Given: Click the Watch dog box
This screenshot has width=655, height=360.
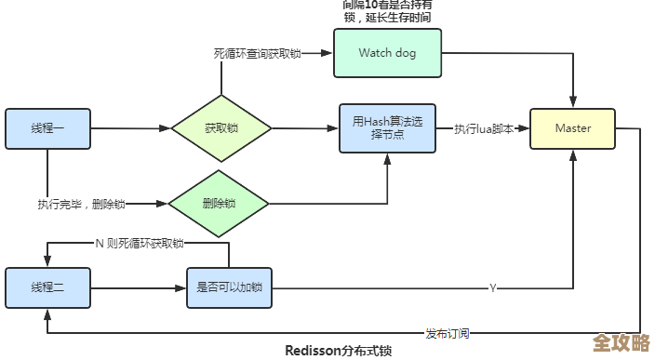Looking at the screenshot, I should point(387,53).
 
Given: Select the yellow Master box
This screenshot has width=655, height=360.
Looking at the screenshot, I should point(572,128).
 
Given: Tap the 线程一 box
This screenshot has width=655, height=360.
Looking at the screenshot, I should point(47,128).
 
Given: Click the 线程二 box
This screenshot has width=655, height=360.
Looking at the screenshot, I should point(47,287).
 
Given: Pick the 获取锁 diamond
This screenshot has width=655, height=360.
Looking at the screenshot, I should point(221,128).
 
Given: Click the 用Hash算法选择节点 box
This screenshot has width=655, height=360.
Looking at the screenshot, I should point(387,128).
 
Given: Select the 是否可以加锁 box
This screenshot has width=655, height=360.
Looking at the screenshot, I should point(229,287).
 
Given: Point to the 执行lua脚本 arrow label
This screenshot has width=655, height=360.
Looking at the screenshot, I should point(483,128).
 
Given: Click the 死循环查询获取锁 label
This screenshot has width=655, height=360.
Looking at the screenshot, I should point(258,53).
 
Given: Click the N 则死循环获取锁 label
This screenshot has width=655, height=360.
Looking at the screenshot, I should point(140,243).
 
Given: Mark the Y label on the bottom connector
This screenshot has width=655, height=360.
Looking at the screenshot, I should point(492,288).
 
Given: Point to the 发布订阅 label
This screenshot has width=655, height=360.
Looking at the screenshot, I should point(448,333).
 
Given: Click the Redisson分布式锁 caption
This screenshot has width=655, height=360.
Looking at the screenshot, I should point(338,351).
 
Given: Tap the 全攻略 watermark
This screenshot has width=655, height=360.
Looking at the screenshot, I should point(621,341).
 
